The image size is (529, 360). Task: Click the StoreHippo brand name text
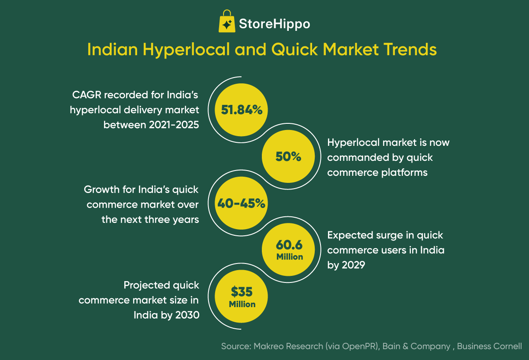(x=274, y=24)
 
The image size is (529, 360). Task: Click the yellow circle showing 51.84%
(x=242, y=110)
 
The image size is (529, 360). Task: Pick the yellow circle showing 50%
(x=288, y=156)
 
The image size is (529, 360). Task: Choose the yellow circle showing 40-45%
(x=242, y=203)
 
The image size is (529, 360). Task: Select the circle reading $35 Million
(x=242, y=297)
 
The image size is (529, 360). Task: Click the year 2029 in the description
(x=352, y=265)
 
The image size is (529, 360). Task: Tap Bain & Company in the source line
(x=417, y=346)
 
